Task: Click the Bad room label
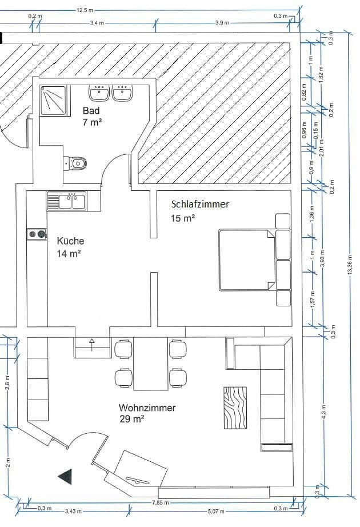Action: click(91, 110)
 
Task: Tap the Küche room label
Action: click(70, 241)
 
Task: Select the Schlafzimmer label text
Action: click(200, 204)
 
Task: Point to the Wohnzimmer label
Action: click(147, 408)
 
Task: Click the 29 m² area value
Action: click(131, 419)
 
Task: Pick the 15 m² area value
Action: click(183, 217)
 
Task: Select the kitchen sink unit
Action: click(66, 201)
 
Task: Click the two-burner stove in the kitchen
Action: click(37, 234)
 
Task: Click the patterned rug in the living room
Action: click(235, 408)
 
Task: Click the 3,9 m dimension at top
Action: click(222, 23)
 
